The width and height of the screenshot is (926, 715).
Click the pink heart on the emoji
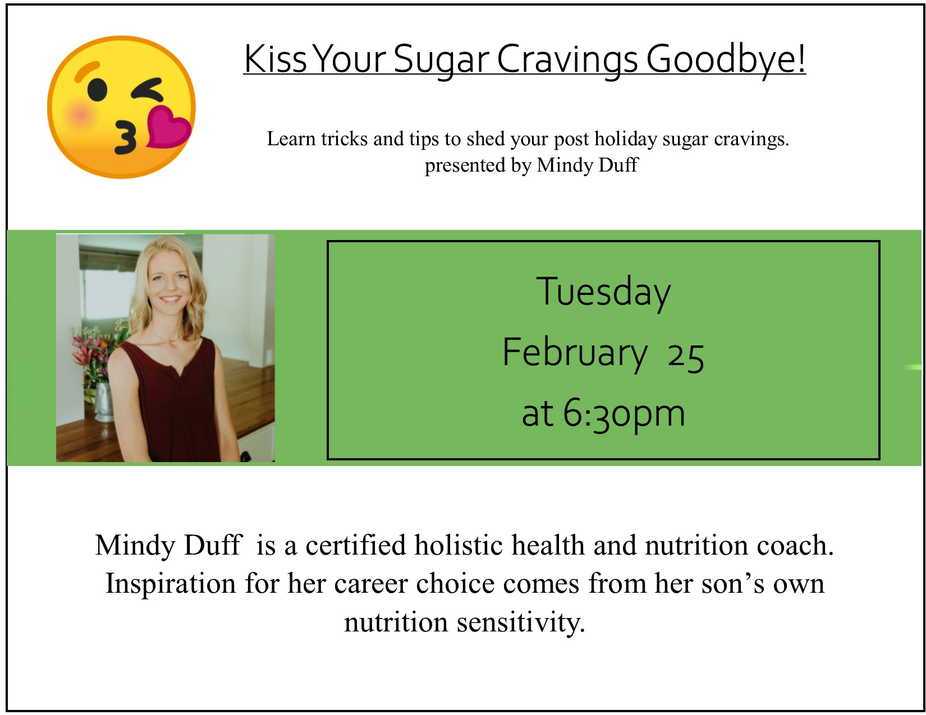(x=168, y=127)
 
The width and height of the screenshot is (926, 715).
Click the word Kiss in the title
(x=276, y=59)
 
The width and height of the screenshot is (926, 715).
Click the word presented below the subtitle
(x=465, y=165)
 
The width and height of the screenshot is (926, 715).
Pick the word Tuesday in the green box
(x=603, y=292)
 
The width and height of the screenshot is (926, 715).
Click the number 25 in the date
(x=686, y=358)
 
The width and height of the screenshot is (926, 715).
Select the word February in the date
(x=575, y=353)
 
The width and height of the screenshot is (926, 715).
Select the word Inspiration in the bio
(x=171, y=584)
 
